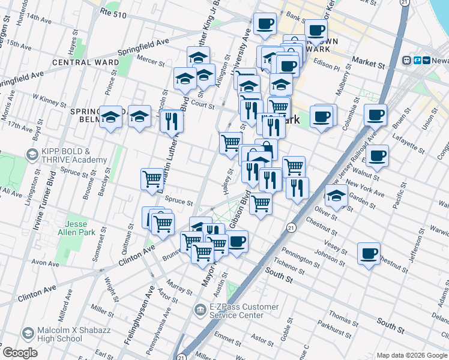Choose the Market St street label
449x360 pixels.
click(368, 62)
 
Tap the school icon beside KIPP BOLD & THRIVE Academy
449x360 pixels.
click(31, 155)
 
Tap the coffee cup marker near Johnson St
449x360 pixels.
click(368, 252)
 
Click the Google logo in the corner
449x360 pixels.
click(20, 353)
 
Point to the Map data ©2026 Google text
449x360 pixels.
click(411, 355)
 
